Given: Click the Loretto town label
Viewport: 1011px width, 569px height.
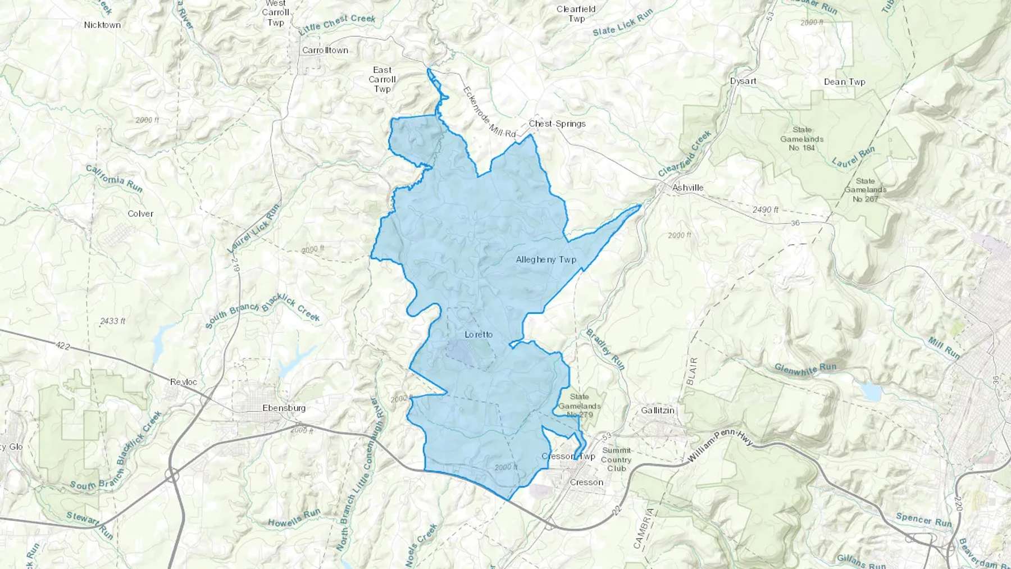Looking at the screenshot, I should point(479,335).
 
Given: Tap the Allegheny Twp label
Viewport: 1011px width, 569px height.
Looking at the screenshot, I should point(546,260).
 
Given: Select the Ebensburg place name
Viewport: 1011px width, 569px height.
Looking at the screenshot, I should point(284,408).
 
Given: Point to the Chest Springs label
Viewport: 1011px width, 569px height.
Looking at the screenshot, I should point(557,124).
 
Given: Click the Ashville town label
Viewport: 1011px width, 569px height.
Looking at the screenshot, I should point(687,188).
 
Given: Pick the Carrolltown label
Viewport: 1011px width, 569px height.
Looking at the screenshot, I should point(325,51).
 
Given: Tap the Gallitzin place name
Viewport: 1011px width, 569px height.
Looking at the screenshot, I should point(658,411).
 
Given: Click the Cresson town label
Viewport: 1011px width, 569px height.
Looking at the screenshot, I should point(586,482).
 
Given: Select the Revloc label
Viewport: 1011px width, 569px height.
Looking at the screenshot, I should point(184,382).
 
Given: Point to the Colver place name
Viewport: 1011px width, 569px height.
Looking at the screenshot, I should point(140,214).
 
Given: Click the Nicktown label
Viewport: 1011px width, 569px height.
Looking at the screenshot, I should point(102,25).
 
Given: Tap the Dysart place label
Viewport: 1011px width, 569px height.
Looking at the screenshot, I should point(743,81).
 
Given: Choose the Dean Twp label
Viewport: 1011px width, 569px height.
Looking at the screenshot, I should point(844,82).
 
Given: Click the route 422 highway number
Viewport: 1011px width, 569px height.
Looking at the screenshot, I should point(63,346).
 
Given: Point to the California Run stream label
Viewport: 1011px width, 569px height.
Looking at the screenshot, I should point(114,178).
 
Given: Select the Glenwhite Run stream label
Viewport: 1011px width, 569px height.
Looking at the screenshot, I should point(805,368).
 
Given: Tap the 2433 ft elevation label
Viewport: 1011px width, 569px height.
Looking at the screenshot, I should point(112,321).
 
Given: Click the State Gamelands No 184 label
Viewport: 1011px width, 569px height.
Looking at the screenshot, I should point(801,139).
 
